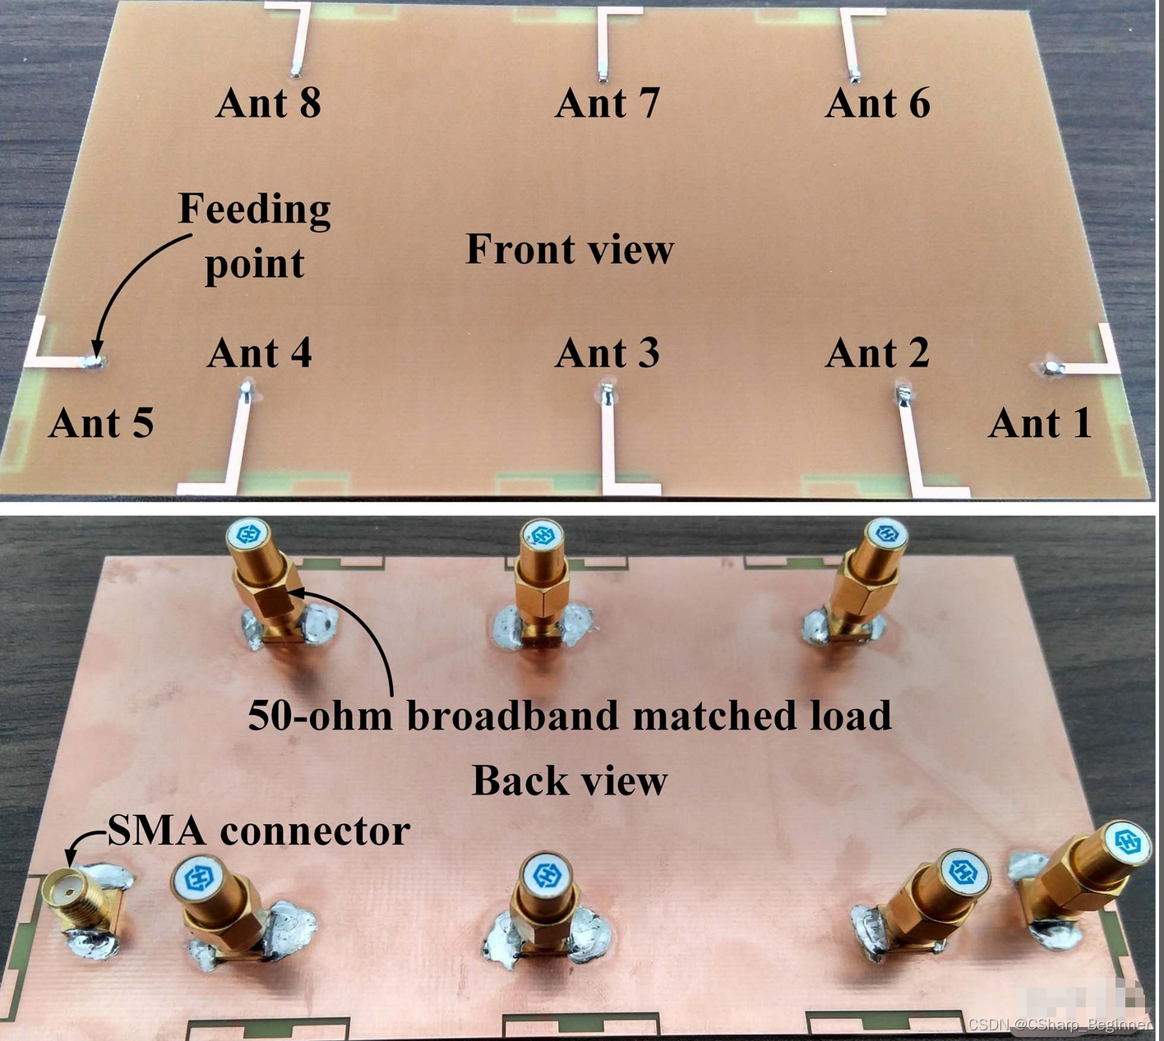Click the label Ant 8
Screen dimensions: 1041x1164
[268, 104]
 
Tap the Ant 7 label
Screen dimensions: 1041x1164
[607, 104]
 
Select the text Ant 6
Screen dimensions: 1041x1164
[877, 104]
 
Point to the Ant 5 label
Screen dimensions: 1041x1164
[101, 424]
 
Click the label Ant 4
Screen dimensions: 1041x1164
[259, 353]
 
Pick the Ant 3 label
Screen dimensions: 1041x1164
[607, 353]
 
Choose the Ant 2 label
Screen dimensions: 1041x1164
[877, 353]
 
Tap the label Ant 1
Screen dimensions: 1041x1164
[1039, 424]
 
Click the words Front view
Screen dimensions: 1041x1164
[569, 249]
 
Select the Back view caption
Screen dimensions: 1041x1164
[569, 781]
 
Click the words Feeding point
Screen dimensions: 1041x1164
[254, 236]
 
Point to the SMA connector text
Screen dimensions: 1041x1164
[258, 831]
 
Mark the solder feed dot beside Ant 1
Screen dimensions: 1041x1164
[1051, 366]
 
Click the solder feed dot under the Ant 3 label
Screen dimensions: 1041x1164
[607, 393]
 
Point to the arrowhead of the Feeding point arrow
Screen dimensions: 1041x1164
[96, 352]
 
